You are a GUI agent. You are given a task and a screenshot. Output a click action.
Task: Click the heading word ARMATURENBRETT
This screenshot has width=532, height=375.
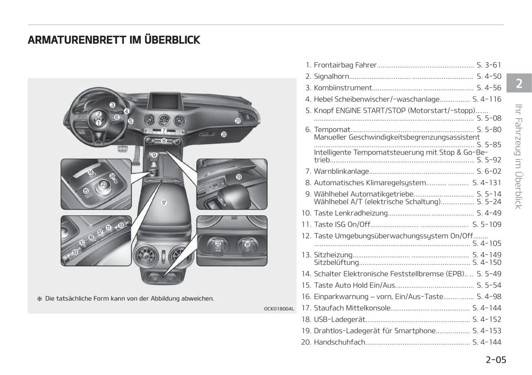(x=77, y=40)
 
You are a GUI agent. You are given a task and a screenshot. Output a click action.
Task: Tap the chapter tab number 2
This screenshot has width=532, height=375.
(x=519, y=84)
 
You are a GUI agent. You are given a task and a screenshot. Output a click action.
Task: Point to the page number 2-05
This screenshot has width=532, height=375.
(x=496, y=360)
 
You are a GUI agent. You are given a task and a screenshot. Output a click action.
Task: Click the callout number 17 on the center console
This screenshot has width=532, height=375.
(x=164, y=202)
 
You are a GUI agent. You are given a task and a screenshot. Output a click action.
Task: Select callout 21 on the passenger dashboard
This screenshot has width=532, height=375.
(x=238, y=121)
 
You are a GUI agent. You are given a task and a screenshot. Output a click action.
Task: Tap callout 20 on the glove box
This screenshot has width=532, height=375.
(x=224, y=135)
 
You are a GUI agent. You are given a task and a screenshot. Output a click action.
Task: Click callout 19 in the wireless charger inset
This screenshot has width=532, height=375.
(x=239, y=177)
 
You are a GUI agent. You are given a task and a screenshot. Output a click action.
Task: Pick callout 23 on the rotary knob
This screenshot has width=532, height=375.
(x=104, y=184)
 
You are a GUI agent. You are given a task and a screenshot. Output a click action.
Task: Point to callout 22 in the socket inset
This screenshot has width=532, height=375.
(x=218, y=243)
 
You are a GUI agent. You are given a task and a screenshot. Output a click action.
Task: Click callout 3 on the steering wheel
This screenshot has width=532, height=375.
(x=113, y=105)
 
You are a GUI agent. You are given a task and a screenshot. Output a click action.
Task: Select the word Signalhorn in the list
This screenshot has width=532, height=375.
(x=331, y=77)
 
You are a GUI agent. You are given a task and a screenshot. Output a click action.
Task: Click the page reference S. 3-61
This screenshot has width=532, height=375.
(x=489, y=65)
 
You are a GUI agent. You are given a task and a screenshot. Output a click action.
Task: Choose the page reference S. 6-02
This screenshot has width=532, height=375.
(x=489, y=171)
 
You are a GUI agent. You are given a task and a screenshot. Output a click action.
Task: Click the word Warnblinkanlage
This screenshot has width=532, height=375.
(x=341, y=171)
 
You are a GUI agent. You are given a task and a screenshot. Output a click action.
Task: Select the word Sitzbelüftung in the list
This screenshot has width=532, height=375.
(x=336, y=262)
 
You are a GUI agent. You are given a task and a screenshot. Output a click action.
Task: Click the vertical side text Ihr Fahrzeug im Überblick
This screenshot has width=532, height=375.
(x=518, y=156)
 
